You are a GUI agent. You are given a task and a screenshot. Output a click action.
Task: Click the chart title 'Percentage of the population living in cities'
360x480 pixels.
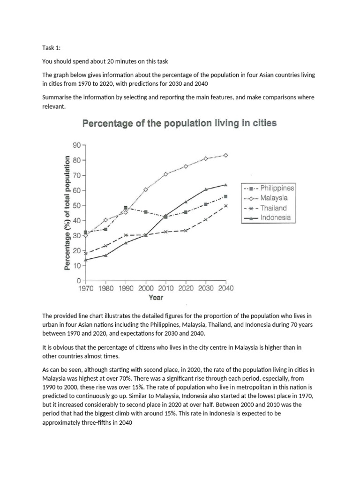pos(180,124)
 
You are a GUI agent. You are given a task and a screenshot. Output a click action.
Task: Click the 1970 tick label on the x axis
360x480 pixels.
pos(85,289)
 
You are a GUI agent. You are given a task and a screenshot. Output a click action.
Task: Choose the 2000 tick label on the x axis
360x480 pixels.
pos(145,289)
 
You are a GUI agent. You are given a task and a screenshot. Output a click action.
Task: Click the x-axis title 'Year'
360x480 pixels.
pos(156,298)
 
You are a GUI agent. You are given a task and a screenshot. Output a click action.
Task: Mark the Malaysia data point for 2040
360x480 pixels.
pos(226,155)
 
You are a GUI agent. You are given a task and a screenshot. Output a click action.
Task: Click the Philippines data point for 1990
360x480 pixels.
pos(126,208)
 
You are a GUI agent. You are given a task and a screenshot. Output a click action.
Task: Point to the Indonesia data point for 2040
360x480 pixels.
pos(226,185)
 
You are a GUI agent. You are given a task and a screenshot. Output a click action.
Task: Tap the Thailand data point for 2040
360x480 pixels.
pos(226,205)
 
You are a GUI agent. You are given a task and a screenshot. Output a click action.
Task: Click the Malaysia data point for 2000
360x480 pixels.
pos(145,189)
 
